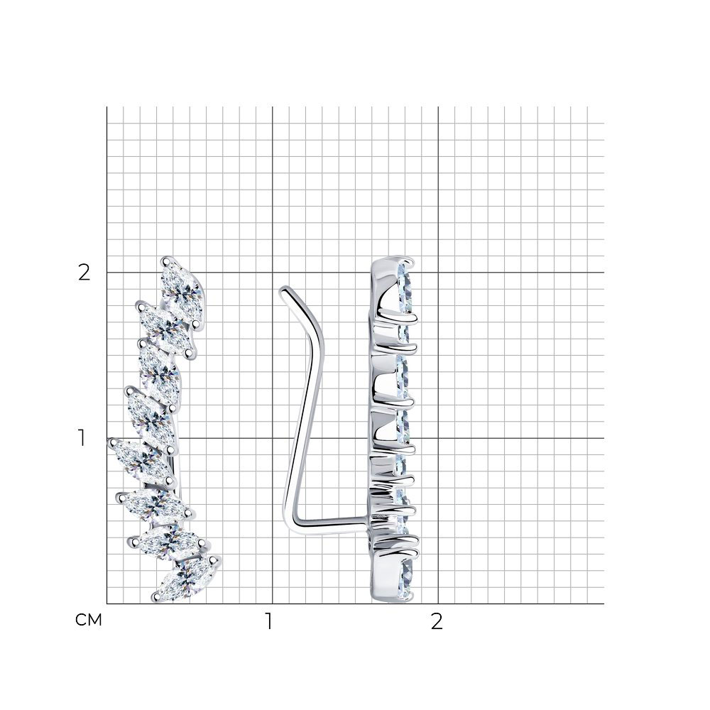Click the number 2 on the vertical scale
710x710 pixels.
click(84, 273)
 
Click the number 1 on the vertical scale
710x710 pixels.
click(82, 438)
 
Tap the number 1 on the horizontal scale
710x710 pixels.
click(269, 622)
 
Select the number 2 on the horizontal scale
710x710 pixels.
click(436, 622)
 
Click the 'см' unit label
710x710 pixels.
click(89, 620)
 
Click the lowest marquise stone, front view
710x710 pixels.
click(187, 579)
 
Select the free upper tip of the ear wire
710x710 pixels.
click(284, 290)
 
